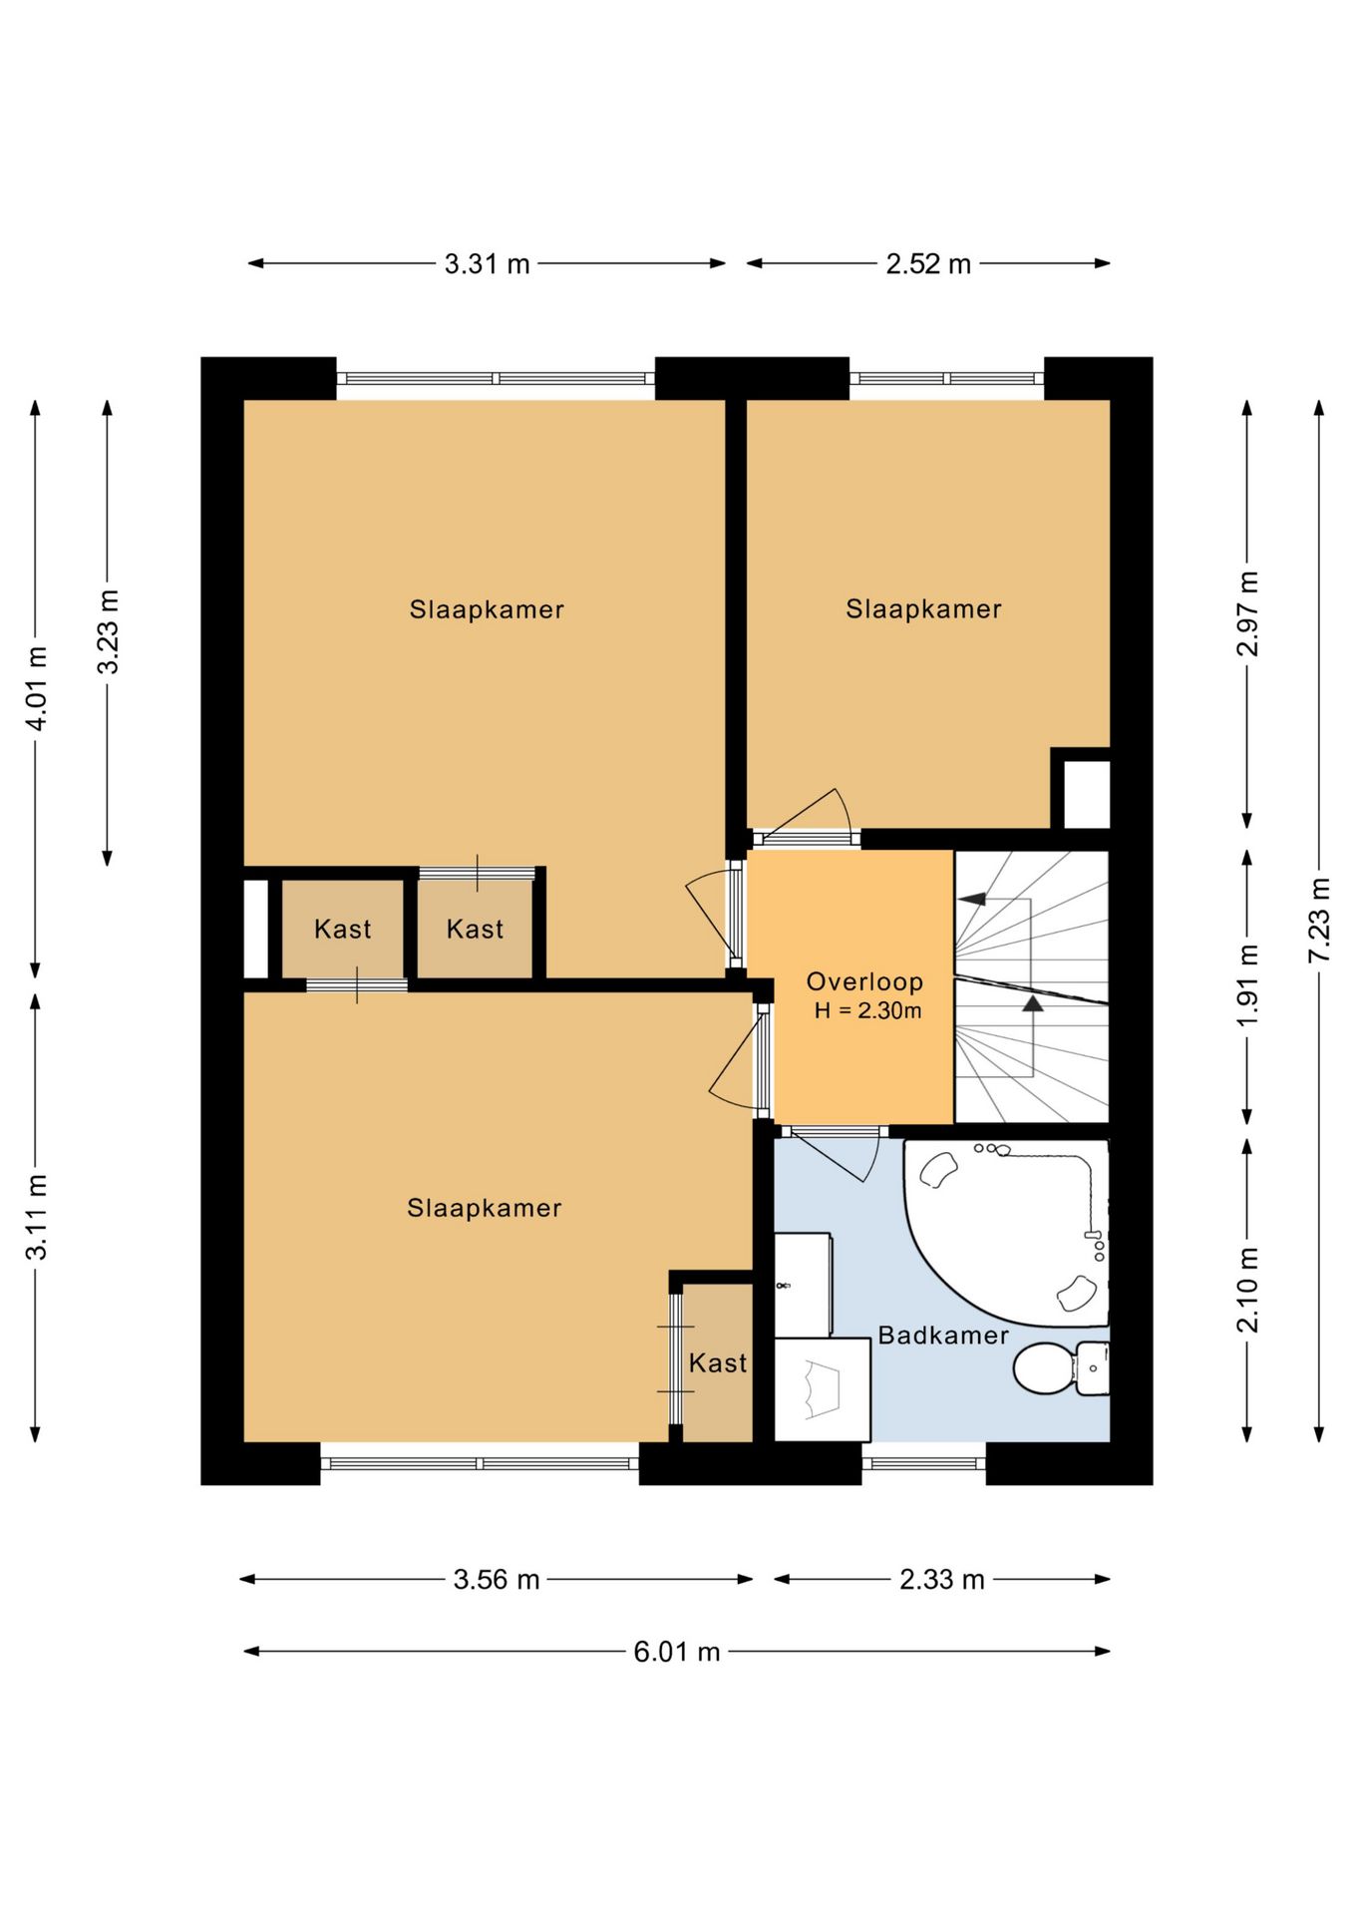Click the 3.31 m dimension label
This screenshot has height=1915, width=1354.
[x=487, y=264]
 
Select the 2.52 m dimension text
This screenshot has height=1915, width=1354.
[x=928, y=264]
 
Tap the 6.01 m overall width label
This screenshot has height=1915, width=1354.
[x=677, y=1652]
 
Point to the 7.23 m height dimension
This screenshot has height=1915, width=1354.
[x=1319, y=920]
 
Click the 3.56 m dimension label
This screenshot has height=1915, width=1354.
[x=497, y=1580]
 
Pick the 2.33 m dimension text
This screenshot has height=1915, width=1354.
[x=942, y=1580]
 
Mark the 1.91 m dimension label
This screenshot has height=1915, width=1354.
[x=1247, y=985]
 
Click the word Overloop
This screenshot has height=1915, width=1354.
[x=864, y=981]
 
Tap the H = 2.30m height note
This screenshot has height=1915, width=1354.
[x=867, y=1010]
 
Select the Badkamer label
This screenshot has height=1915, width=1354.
[x=943, y=1335]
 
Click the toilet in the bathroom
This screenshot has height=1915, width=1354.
[x=1061, y=1367]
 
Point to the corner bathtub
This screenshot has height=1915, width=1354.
[x=1006, y=1233]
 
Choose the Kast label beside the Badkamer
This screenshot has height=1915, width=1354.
[x=718, y=1362]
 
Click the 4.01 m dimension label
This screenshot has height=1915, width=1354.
[x=36, y=689]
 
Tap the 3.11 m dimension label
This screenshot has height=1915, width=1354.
[x=36, y=1217]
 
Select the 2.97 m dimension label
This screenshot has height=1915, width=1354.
[x=1247, y=614]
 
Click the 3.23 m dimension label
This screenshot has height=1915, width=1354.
[x=108, y=631]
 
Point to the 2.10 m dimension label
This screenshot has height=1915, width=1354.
[x=1247, y=1290]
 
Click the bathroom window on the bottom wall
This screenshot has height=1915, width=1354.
[x=923, y=1463]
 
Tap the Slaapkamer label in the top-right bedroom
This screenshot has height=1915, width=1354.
[x=923, y=608]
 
